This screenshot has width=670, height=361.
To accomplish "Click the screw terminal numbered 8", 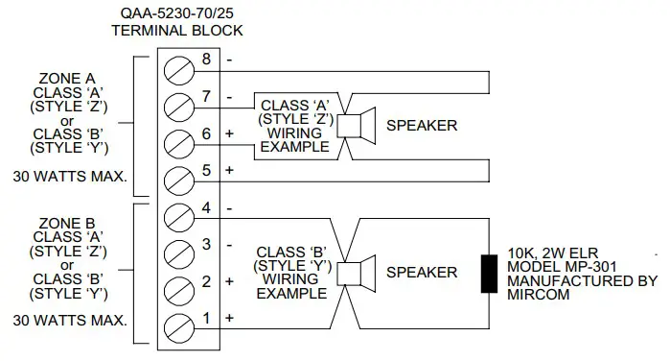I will click(178, 69).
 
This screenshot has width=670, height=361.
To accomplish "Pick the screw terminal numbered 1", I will click(178, 325).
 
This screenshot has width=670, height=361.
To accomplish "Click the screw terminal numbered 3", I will click(178, 253).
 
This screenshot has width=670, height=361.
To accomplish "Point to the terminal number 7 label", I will click(205, 96).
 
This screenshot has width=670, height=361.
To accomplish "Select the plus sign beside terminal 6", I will click(229, 133).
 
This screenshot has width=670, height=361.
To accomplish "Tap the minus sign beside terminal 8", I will click(229, 60).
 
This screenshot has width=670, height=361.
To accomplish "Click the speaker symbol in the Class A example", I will click(357, 125).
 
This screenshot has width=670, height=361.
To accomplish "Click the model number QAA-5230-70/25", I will click(176, 12).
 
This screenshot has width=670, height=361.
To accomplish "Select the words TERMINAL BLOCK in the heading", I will click(176, 30).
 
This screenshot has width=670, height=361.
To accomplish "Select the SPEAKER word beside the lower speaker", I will click(422, 272).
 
